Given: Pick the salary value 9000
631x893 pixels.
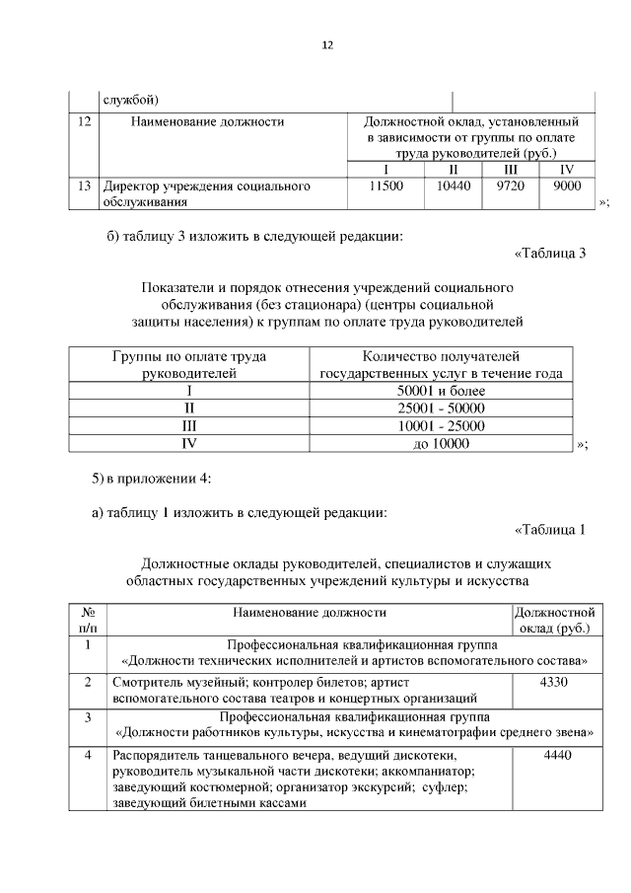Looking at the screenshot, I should [x=567, y=186].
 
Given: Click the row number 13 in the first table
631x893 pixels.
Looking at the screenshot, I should [x=84, y=186].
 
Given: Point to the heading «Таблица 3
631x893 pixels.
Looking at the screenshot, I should [x=550, y=253].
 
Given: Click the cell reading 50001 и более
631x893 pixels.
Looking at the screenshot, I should [x=442, y=391].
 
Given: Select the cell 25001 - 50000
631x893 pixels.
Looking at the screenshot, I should [x=442, y=409].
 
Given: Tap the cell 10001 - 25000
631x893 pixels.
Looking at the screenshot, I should [x=442, y=426].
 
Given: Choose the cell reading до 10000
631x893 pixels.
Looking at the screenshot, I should [x=442, y=444].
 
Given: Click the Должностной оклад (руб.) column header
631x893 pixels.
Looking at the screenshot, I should [x=553, y=620].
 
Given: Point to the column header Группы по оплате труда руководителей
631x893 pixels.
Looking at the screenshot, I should [x=190, y=364].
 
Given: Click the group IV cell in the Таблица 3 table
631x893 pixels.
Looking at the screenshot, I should [x=190, y=444].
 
